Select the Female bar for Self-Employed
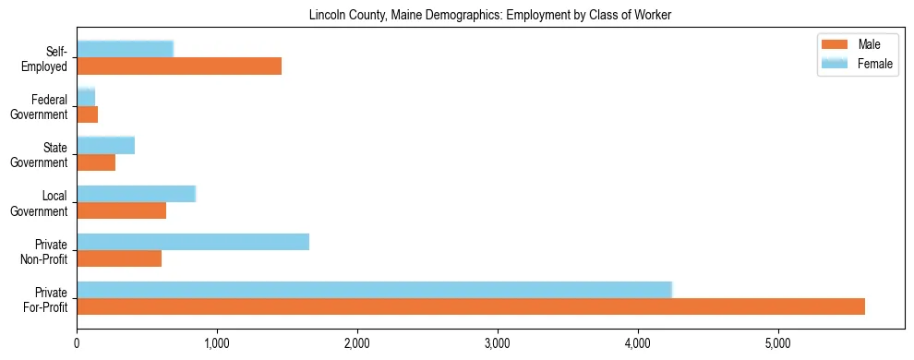tap(126, 49)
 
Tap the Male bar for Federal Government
tap(88, 114)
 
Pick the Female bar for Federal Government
tap(86, 97)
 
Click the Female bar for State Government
tap(106, 145)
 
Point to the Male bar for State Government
tap(96, 162)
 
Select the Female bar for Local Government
tap(137, 193)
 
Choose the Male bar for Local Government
tap(122, 210)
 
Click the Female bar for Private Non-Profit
tap(193, 242)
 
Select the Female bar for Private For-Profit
tap(375, 290)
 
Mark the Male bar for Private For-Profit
tap(471, 306)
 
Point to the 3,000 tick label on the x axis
tap(498, 343)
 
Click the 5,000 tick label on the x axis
tap(778, 343)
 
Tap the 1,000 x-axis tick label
tap(217, 343)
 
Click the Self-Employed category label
tap(50, 58)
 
